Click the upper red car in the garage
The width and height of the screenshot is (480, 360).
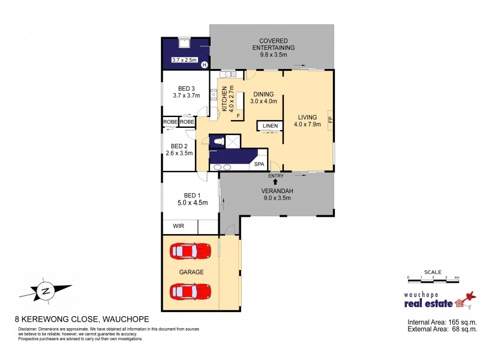191,250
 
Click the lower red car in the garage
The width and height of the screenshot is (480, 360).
191,292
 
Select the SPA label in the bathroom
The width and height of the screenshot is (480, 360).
260,164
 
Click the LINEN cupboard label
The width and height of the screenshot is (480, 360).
268,126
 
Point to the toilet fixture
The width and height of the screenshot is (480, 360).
218,141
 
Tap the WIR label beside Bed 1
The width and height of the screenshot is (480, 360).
178,226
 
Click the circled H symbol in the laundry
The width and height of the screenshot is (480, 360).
204,65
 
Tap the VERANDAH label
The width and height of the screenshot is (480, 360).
276,191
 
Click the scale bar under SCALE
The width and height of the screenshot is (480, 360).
433,278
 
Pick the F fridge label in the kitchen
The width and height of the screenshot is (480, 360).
238,115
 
